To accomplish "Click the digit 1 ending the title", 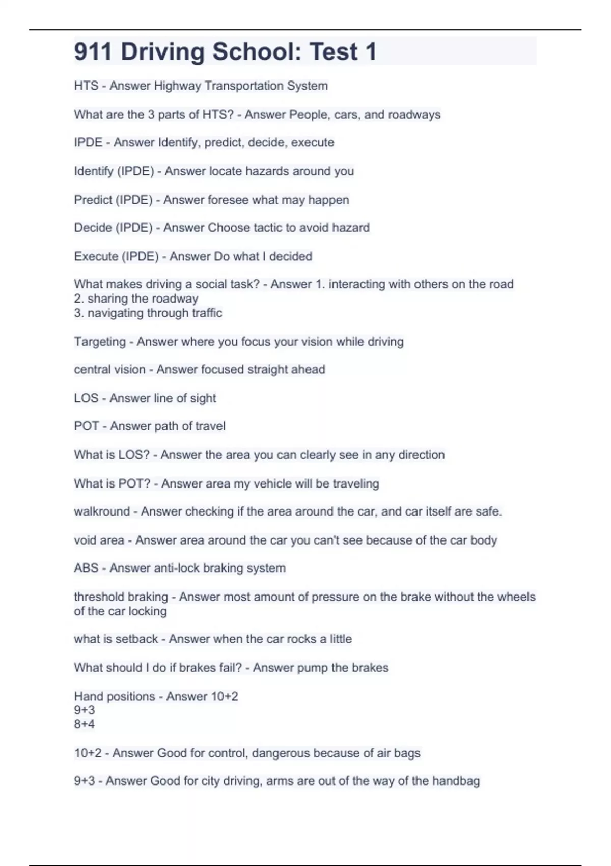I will tap(371, 52).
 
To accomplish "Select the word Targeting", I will tap(100, 342).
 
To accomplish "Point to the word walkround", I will tap(102, 511).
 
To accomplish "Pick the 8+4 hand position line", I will tap(85, 724).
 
